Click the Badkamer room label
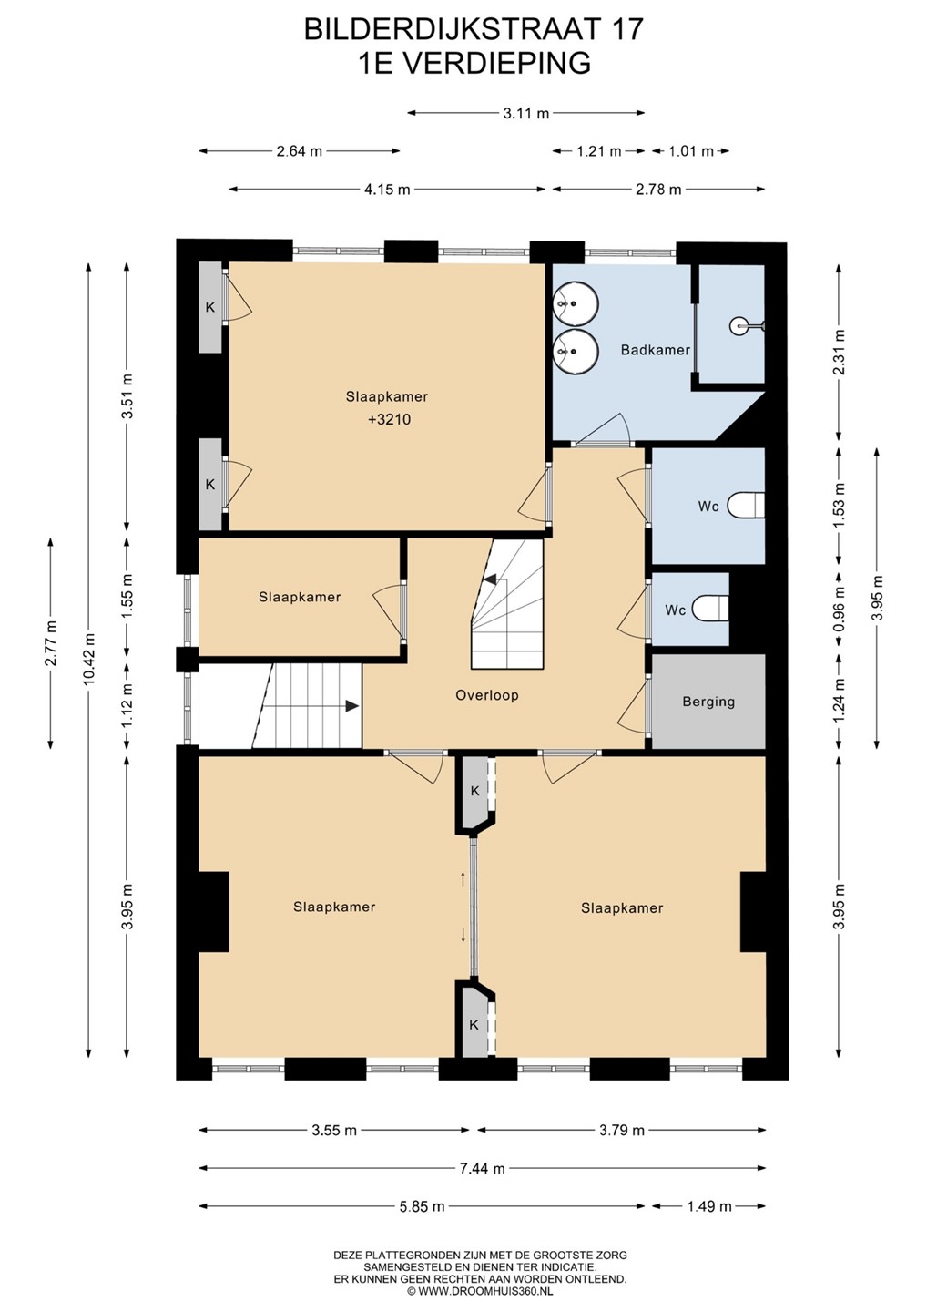point(655,350)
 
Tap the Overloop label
point(487,695)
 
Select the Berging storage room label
point(708,702)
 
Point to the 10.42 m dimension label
point(89,660)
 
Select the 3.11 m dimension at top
point(526,113)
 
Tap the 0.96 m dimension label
point(840,610)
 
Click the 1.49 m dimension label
point(708,1206)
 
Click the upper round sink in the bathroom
point(576,303)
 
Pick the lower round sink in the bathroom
point(576,351)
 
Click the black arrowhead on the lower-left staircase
point(351,706)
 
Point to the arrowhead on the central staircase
point(491,579)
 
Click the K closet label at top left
point(210,307)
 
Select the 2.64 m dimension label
point(299,151)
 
